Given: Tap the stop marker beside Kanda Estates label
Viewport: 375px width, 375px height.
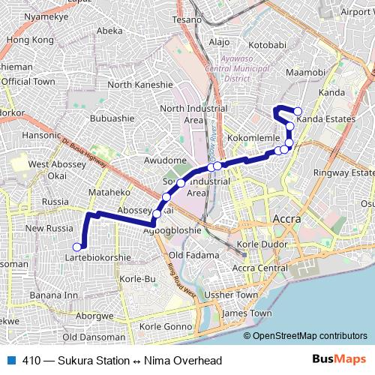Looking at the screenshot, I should click(x=298, y=112).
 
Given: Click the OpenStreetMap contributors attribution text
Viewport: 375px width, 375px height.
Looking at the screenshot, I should click(x=309, y=335).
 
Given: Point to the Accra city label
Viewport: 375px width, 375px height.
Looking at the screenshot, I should click(x=288, y=219).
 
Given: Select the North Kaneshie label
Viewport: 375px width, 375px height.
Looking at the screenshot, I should click(x=140, y=85).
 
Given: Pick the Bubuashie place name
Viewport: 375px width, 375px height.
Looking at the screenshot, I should click(x=112, y=118).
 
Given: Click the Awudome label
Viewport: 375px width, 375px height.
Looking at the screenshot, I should click(x=164, y=160).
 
